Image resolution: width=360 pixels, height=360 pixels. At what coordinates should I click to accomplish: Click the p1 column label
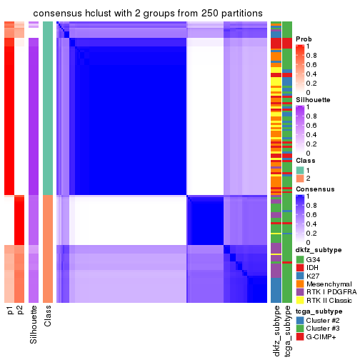pyautogui.click(x=9, y=311)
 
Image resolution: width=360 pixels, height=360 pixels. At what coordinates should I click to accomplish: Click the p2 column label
pyautogui.click(x=20, y=311)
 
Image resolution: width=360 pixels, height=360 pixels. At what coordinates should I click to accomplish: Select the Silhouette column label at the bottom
pyautogui.click(x=34, y=324)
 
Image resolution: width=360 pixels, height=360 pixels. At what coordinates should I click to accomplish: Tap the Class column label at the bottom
pyautogui.click(x=48, y=317)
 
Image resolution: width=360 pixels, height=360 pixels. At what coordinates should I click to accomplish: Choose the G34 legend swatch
pyautogui.click(x=300, y=259)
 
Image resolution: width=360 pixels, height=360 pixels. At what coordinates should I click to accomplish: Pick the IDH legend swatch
pyautogui.click(x=300, y=267)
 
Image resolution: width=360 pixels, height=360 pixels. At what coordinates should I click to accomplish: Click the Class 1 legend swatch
pyautogui.click(x=300, y=170)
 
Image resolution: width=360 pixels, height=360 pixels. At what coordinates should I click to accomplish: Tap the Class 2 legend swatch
pyautogui.click(x=300, y=179)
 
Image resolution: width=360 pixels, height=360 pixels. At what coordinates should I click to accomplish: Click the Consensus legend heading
pyautogui.click(x=314, y=189)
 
